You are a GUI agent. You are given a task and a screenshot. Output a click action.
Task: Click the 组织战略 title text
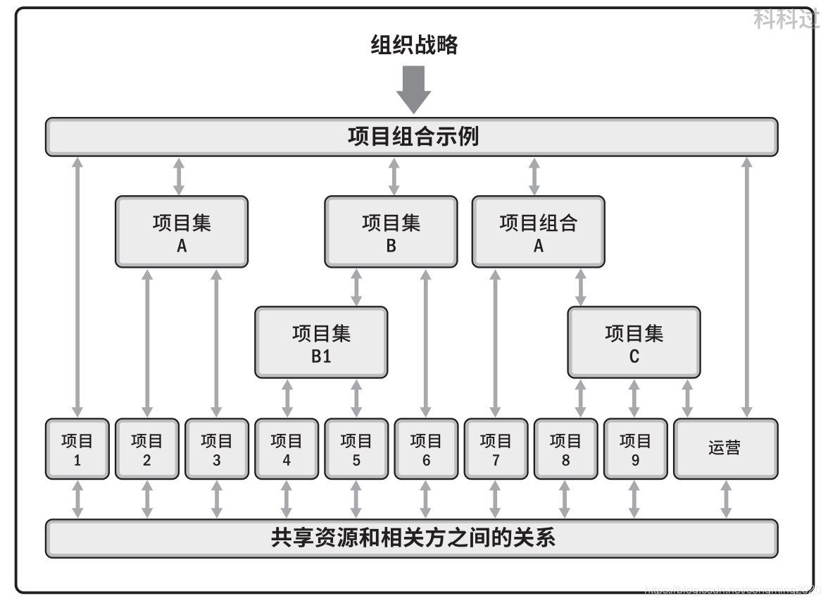point(414,45)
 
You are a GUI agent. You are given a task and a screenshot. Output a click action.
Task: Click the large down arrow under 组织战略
point(413,88)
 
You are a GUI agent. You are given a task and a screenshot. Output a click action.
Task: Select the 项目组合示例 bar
point(412,136)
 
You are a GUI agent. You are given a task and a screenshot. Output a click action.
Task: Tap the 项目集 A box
point(182,232)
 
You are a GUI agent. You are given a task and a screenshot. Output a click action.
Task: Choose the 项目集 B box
point(391,232)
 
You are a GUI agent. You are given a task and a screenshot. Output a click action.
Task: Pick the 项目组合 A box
point(538,232)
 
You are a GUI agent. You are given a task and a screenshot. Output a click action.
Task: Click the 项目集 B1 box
point(321,342)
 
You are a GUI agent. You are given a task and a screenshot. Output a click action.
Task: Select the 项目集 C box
point(634,342)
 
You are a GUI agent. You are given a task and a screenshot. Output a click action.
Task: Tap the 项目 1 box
point(77,449)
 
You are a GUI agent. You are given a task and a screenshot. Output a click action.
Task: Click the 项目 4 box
point(286,449)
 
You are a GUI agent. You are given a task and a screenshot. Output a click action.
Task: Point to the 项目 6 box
point(426,449)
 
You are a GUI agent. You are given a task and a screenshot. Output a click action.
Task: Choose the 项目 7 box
point(496,449)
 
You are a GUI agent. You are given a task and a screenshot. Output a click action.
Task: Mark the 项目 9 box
point(635,449)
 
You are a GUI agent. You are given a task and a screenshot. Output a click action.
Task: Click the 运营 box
point(725,449)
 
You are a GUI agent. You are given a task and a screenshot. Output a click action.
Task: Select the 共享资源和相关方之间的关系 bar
point(412,538)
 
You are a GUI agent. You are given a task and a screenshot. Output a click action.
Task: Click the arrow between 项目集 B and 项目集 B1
point(356,287)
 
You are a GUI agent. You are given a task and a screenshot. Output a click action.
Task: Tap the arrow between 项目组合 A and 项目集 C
point(580,287)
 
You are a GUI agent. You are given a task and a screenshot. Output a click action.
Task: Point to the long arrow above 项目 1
point(77,287)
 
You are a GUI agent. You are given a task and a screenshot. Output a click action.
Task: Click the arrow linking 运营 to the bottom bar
point(725,499)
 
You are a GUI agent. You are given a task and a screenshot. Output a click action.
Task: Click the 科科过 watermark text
point(786,18)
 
